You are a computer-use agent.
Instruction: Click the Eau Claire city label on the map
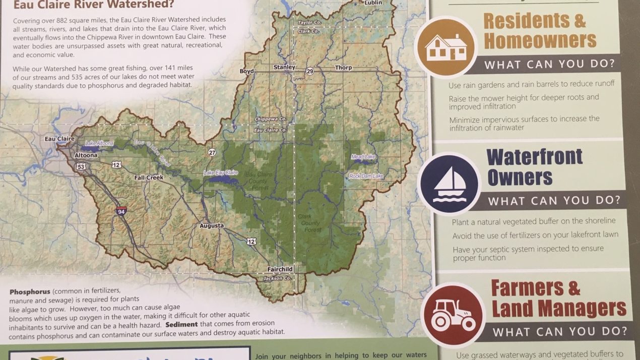pyautogui.click(x=59, y=139)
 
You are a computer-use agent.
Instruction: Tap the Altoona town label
pyautogui.click(x=87, y=155)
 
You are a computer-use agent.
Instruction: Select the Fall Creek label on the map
pyautogui.click(x=149, y=177)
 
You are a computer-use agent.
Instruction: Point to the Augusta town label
pyautogui.click(x=211, y=225)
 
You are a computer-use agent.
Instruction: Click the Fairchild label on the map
pyautogui.click(x=280, y=269)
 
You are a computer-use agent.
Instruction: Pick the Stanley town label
pyautogui.click(x=284, y=67)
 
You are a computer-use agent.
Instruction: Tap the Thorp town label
pyautogui.click(x=343, y=68)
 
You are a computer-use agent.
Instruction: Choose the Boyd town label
pyautogui.click(x=246, y=71)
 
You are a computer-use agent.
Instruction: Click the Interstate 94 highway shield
pyautogui.click(x=121, y=211)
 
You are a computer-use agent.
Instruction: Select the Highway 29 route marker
pyautogui.click(x=309, y=72)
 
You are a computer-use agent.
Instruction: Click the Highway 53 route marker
pyautogui.click(x=81, y=166)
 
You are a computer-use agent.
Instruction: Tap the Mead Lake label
pyautogui.click(x=363, y=157)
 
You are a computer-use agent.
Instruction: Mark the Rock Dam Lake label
pyautogui.click(x=366, y=176)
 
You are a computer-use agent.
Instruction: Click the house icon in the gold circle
pyautogui.click(x=445, y=47)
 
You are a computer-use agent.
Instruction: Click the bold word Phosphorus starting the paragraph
pyautogui.click(x=30, y=292)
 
